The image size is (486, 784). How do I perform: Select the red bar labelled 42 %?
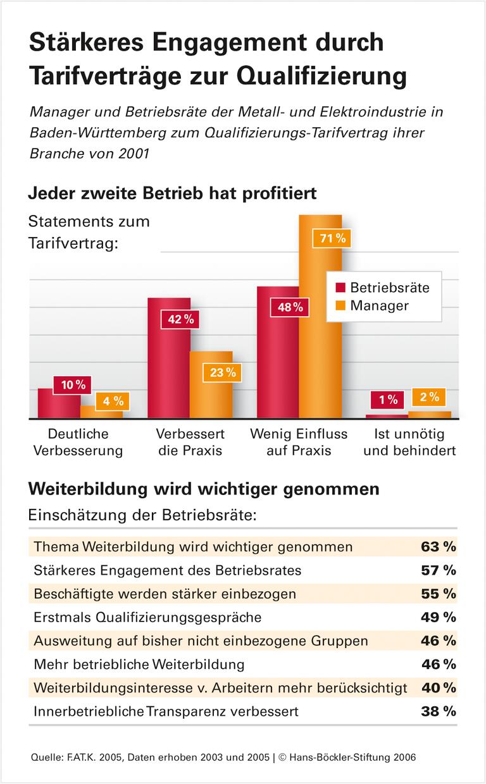pyautogui.click(x=168, y=367)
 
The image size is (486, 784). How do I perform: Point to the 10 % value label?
pyautogui.click(x=73, y=383)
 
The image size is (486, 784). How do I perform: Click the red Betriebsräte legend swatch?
pyautogui.click(x=340, y=288)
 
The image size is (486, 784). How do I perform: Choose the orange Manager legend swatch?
pyautogui.click(x=340, y=306)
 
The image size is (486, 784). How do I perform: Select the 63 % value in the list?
pyautogui.click(x=438, y=546)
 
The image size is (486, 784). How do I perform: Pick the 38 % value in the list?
pyautogui.click(x=438, y=711)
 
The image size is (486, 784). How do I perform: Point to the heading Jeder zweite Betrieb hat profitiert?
pyautogui.click(x=172, y=193)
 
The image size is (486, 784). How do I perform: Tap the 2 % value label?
pyautogui.click(x=429, y=397)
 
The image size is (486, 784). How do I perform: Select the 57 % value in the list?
pyautogui.click(x=438, y=570)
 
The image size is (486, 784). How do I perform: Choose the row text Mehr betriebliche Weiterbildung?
pyautogui.click(x=139, y=664)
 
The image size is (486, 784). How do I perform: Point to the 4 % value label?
pyautogui.click(x=113, y=400)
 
